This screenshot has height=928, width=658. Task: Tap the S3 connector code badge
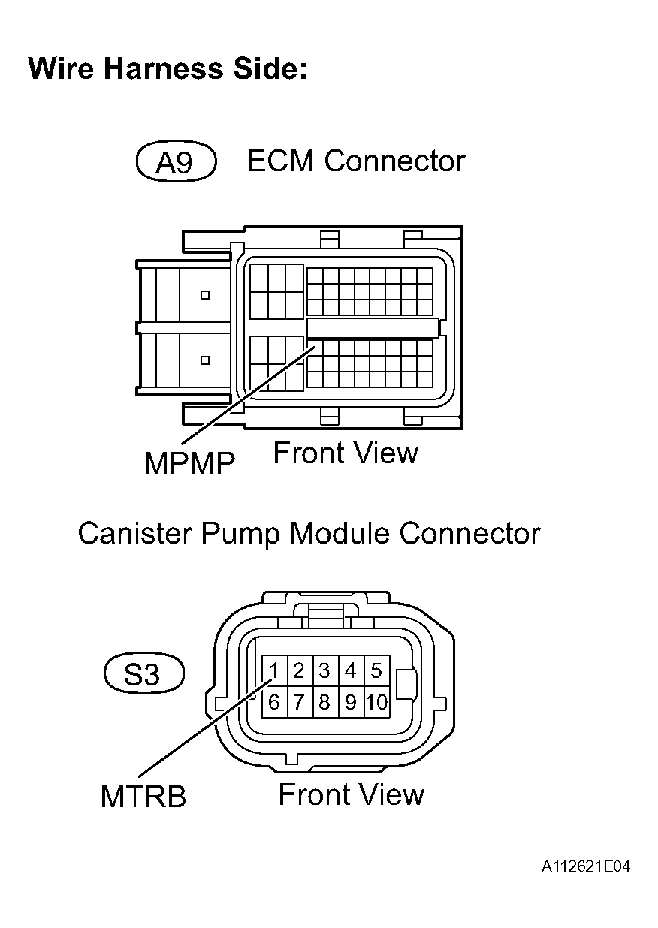[143, 674]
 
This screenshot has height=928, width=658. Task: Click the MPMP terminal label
[189, 463]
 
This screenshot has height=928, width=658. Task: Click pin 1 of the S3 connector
[275, 670]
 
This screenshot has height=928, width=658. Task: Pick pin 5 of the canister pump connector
[376, 670]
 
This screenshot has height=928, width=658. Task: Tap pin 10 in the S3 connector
[376, 703]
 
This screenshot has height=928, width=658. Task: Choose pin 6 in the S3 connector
[275, 703]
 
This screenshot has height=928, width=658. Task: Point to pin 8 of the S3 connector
[324, 703]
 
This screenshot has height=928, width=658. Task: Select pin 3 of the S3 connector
[324, 670]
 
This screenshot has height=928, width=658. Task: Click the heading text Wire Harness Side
[168, 69]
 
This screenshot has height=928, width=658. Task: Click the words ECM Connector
[356, 161]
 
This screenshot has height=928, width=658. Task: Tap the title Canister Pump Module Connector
[309, 534]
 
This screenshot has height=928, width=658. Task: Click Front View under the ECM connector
[345, 453]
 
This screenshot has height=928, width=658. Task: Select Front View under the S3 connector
[351, 794]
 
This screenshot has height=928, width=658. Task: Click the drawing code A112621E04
[585, 867]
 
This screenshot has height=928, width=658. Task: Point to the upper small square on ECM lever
[204, 295]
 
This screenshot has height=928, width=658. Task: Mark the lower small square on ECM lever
[204, 360]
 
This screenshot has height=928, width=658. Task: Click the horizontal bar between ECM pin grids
[373, 327]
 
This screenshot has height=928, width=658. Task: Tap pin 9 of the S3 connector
[350, 703]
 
